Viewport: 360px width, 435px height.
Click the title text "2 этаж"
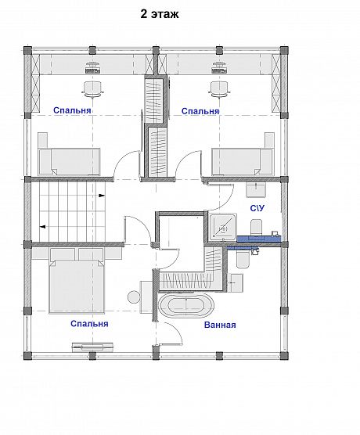tap(160, 14)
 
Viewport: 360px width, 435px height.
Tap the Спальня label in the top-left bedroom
tap(72, 110)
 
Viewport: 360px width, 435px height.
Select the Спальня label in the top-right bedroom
tap(200, 111)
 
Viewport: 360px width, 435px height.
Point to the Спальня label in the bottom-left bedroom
tap(89, 324)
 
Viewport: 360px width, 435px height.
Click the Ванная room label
tap(220, 325)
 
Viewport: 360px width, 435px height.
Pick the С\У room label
tap(257, 208)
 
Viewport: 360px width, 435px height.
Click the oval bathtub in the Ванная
tap(186, 305)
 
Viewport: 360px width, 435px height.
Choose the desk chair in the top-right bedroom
tap(220, 89)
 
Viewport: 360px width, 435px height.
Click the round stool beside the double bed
tap(134, 297)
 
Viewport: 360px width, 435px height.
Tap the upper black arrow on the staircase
tap(102, 196)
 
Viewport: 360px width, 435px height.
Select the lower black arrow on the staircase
tap(43, 227)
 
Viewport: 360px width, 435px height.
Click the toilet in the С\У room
tap(256, 228)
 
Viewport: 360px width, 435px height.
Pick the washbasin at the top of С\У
tap(256, 189)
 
